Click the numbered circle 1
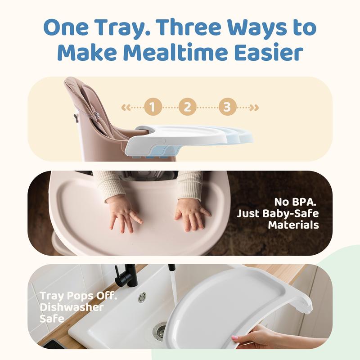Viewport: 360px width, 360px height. point(153,107)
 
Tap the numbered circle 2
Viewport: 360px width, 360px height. point(187,107)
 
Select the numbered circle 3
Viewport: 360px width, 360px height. point(227,107)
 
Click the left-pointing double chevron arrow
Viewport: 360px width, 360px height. point(126,108)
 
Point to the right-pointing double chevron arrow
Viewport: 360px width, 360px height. point(254,108)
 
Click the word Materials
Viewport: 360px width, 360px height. point(293,225)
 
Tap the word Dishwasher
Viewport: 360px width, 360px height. point(72,307)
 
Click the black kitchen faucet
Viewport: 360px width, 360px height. point(127,275)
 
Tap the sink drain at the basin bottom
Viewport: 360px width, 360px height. point(159,331)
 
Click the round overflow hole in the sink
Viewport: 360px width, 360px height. point(142,297)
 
